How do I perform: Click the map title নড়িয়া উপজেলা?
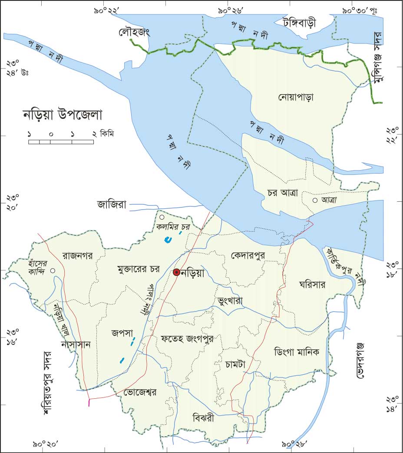point(62,116)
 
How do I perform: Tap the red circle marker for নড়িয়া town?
point(176,272)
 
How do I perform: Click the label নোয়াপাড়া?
point(296,97)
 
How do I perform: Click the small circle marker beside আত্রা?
point(315,200)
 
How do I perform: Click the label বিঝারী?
point(203,419)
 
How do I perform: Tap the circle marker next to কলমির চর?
point(162,217)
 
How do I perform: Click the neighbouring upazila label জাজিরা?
point(112,205)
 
